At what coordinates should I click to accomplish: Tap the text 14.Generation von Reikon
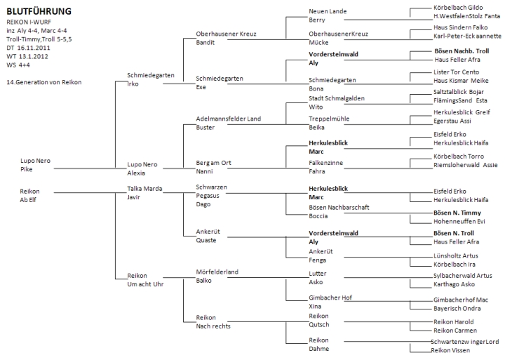click(x=43, y=82)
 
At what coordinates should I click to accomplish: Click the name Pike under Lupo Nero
click(x=27, y=169)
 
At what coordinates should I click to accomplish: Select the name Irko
click(x=133, y=83)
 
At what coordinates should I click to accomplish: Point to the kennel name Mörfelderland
click(x=217, y=271)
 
